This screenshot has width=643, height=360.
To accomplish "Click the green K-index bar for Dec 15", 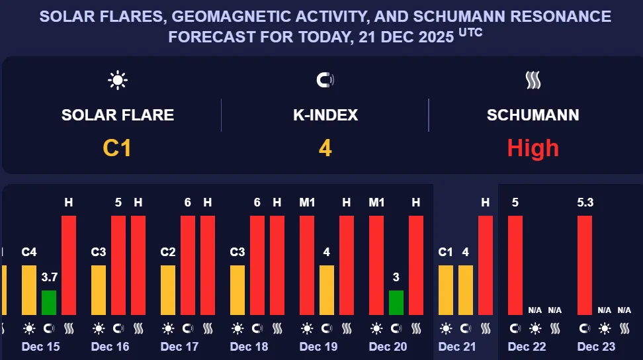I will click(49, 302).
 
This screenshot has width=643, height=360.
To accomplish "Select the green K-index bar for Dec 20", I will click(396, 302).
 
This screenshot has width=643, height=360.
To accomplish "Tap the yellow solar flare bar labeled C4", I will click(29, 290).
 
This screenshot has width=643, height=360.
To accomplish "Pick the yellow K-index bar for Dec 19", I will click(327, 290).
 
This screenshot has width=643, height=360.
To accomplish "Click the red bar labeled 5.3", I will click(585, 265).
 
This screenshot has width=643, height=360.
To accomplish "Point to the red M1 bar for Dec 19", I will click(307, 265).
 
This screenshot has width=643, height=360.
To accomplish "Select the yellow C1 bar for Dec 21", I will click(446, 290).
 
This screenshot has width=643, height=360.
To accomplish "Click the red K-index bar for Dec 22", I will click(515, 265).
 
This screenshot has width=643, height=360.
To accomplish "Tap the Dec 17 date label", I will click(179, 347).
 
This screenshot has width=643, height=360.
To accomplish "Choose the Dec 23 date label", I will click(596, 347).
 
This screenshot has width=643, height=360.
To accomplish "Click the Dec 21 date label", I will click(457, 347).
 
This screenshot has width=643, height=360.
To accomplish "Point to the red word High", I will click(533, 148).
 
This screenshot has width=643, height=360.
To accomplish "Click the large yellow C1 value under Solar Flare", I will click(117, 148).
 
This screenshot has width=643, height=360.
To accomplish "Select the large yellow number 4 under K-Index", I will click(325, 148).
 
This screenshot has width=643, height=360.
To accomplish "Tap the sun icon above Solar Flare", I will click(118, 81).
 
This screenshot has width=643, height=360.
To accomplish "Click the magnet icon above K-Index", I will click(325, 81).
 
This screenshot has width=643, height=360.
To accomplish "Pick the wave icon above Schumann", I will click(533, 81).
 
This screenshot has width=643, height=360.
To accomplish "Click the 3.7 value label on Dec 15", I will click(49, 277).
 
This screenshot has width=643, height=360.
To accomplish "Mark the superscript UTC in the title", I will click(470, 32).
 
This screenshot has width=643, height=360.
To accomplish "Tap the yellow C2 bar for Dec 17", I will click(168, 290).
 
